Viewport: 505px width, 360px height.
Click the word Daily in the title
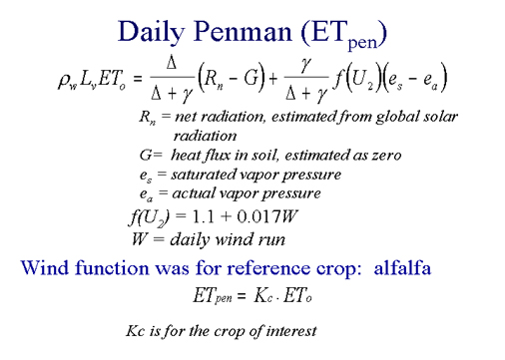pyautogui.click(x=151, y=32)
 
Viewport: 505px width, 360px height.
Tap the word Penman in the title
pyautogui.click(x=243, y=31)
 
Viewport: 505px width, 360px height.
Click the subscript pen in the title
pyautogui.click(x=362, y=43)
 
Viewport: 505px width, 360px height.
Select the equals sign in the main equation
pyautogui.click(x=138, y=79)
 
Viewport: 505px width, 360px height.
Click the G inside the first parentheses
pyautogui.click(x=252, y=79)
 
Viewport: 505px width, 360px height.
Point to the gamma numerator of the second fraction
pyautogui.click(x=305, y=65)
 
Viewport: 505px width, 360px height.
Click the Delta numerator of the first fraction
pyautogui.click(x=172, y=62)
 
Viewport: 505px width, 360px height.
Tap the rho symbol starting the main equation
pyautogui.click(x=63, y=81)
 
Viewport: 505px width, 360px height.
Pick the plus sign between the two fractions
pyautogui.click(x=273, y=79)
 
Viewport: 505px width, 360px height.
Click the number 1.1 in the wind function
pyautogui.click(x=204, y=216)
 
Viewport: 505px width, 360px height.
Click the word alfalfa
pyautogui.click(x=402, y=268)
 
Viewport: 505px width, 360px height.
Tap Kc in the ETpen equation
pyautogui.click(x=262, y=295)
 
